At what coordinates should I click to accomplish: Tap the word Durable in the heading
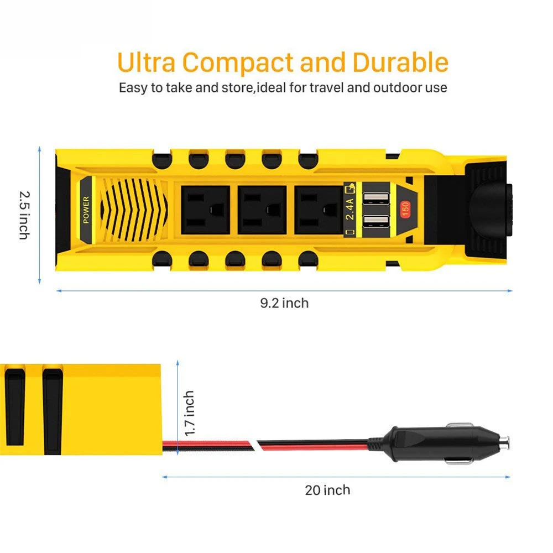coord(400,62)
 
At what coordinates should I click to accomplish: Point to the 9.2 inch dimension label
coord(284,302)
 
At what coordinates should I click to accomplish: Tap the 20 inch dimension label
coord(327,489)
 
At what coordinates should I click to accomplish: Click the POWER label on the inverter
coord(85,210)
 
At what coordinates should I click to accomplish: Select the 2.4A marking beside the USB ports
coord(350,210)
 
